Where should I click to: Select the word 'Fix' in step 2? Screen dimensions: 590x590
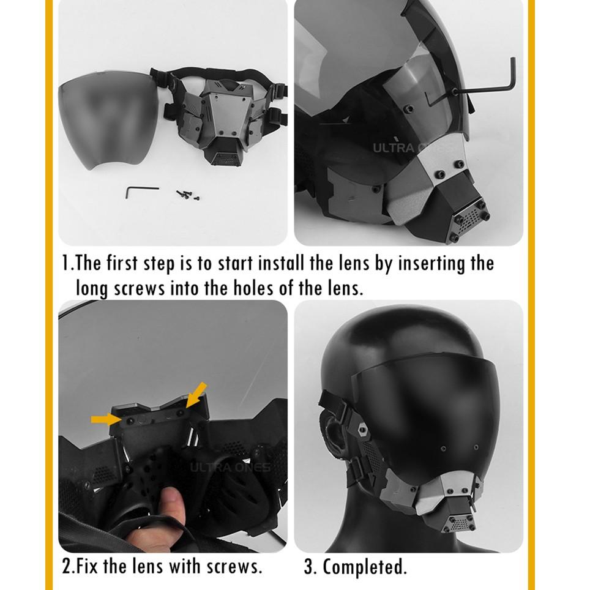coord(88,566)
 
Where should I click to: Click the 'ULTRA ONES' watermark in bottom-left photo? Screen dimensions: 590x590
coord(230,468)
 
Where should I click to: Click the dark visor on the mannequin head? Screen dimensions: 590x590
coord(428,416)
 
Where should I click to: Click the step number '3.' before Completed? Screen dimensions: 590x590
coord(310,567)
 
